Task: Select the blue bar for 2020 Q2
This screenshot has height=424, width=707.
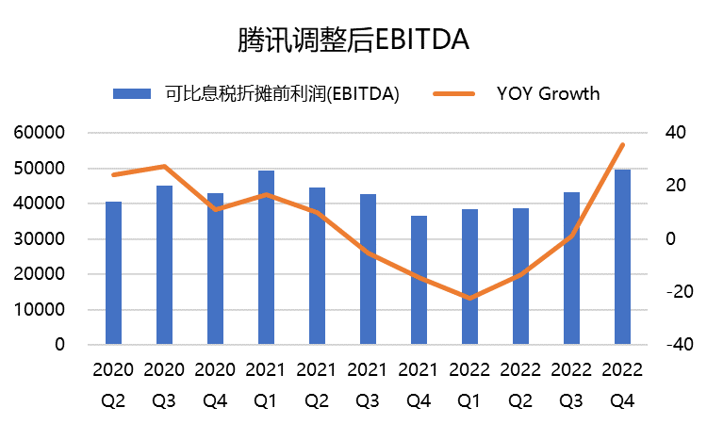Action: point(113,273)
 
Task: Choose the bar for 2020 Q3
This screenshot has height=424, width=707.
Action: point(164,265)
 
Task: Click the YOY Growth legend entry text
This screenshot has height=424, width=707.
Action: point(548,93)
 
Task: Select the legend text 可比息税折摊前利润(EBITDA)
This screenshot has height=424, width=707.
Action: point(281,93)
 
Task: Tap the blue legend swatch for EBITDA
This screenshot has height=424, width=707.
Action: point(132,93)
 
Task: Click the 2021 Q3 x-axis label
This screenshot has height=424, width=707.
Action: point(368,384)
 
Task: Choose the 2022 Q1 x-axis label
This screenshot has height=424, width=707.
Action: point(469,384)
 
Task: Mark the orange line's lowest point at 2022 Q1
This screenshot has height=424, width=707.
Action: point(469,298)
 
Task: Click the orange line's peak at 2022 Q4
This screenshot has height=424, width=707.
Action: point(622,144)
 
